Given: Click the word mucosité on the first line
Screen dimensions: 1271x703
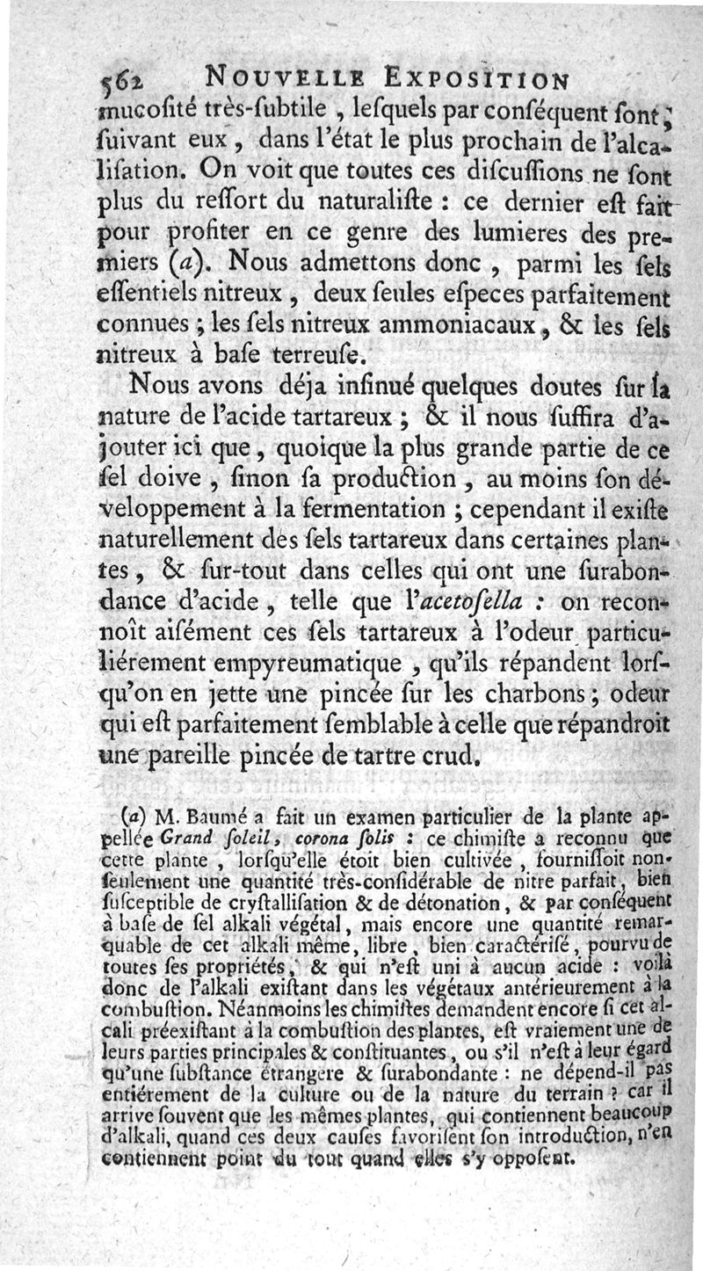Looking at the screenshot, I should pyautogui.click(x=154, y=112).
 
